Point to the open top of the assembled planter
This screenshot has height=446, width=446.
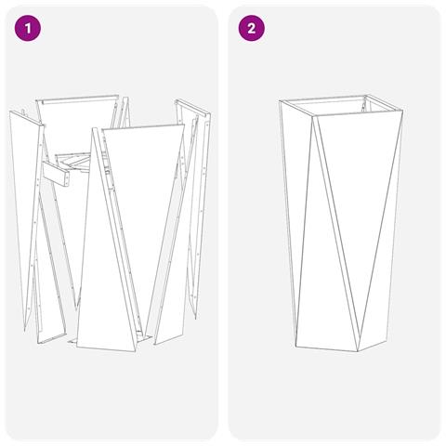339,105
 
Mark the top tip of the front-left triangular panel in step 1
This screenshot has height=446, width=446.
98,129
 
